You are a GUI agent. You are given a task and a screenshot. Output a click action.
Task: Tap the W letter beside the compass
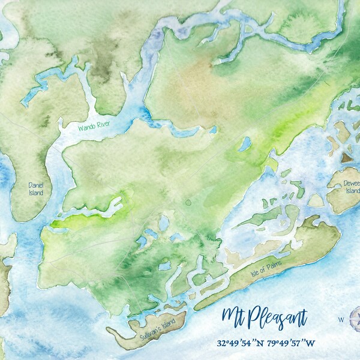341,319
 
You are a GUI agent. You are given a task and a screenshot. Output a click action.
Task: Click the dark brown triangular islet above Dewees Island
347,157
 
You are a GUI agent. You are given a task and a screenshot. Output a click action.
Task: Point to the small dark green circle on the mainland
187,203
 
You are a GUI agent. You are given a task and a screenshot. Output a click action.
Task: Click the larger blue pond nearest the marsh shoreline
245,144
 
